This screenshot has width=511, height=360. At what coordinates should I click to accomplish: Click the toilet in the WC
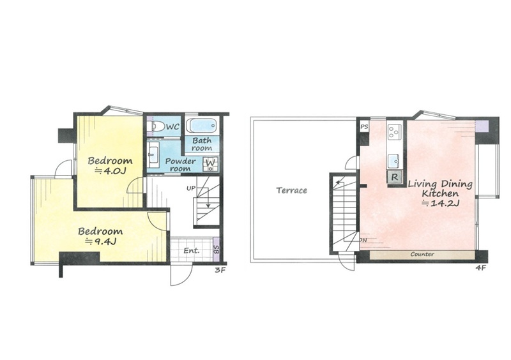point(156,126)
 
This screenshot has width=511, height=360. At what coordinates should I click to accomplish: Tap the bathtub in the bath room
point(202,126)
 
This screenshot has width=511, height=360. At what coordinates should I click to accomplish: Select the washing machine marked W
point(211,164)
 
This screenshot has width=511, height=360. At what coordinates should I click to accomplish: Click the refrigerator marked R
point(394,177)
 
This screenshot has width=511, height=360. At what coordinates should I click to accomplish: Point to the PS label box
point(364,126)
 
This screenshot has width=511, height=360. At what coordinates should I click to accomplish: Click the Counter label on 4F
point(422,254)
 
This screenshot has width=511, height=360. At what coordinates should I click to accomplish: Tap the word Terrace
point(292,190)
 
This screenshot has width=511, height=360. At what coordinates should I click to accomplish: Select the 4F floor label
point(481,268)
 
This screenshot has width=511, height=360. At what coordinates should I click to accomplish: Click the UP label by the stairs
point(191,188)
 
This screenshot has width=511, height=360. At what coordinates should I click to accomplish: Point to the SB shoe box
point(216,250)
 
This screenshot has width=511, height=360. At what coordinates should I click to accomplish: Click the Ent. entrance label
point(191,251)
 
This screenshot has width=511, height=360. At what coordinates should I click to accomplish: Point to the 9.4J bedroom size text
point(101,242)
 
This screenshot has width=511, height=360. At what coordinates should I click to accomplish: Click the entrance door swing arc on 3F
point(187,278)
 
